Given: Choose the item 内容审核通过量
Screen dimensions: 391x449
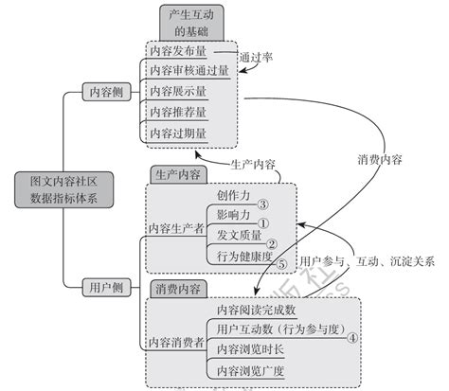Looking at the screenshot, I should tap(189, 70).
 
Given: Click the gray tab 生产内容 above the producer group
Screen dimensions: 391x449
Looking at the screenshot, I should tap(176, 174).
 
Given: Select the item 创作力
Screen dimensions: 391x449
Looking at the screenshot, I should tap(233, 195).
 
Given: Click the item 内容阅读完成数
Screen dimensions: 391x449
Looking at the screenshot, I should tap(257, 310).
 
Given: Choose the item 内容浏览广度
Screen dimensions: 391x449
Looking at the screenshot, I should tap(250, 370).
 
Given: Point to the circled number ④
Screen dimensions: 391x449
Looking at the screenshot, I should tap(351, 335).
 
